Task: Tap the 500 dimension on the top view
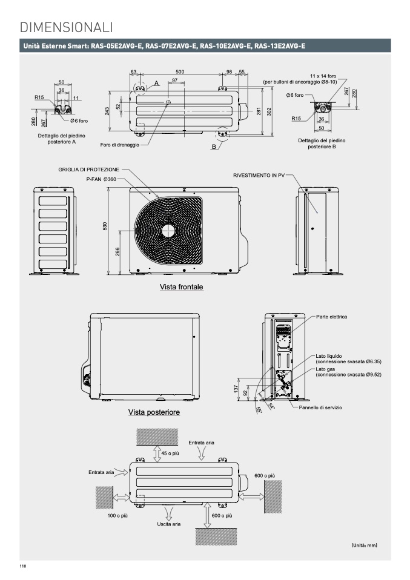pos(180,72)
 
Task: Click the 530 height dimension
pos(105,226)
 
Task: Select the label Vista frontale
pos(182,286)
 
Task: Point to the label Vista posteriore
pos(154,413)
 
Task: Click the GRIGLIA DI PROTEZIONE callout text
pos(89,170)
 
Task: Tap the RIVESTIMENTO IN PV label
pos(259,175)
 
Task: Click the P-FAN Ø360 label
pos(101,180)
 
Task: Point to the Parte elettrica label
pos(332,317)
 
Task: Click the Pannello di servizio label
pos(320,407)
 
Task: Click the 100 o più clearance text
pos(117,516)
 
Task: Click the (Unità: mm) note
pos(364,545)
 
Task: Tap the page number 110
pos(23,567)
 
